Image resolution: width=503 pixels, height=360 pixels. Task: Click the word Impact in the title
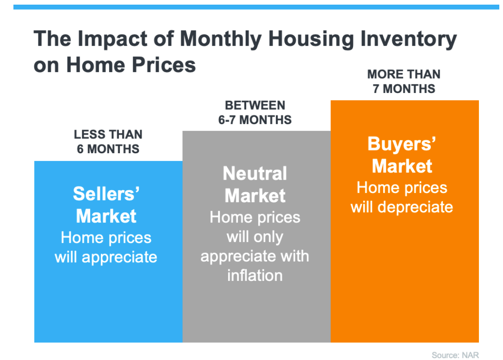(112, 39)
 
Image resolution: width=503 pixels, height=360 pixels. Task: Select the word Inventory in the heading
(409, 39)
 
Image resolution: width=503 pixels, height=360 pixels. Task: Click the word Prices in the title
(164, 65)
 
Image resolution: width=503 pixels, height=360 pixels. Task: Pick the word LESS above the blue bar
(90, 135)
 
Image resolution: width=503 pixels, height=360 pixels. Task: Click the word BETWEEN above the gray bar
(255, 105)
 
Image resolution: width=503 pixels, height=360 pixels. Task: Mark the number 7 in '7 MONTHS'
(376, 89)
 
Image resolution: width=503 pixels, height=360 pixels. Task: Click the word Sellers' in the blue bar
(106, 194)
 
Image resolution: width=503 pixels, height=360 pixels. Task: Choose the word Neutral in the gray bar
(255, 174)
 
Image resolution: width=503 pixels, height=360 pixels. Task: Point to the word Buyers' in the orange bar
(402, 144)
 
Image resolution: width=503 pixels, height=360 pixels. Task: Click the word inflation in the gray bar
(255, 276)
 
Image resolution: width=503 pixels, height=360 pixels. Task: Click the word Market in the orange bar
(402, 166)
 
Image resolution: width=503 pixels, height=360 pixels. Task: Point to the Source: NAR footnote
(455, 355)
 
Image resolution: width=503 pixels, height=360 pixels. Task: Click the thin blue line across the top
(256, 7)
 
